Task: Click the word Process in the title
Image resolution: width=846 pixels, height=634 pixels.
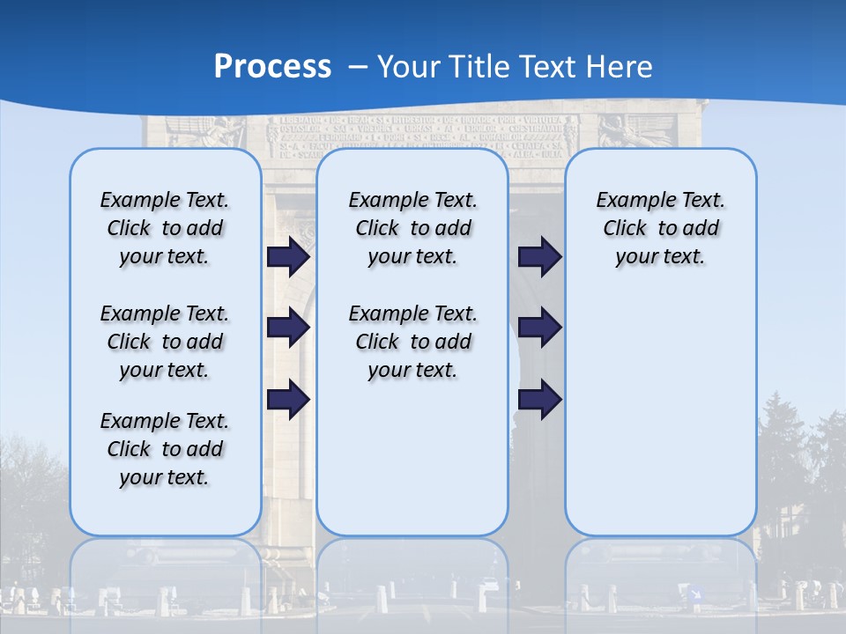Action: coord(272,66)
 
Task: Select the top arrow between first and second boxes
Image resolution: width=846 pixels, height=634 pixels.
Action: coord(287,257)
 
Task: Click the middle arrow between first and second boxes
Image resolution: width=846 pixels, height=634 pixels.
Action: coord(287,328)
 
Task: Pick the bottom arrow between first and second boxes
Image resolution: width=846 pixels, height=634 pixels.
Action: coord(287,399)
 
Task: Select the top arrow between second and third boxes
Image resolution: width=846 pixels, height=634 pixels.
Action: coord(538,257)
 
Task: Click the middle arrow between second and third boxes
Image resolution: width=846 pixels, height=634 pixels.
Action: coord(538,328)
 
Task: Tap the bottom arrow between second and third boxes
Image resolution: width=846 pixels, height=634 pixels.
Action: coord(538,399)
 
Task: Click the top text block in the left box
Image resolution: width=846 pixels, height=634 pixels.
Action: coord(165,228)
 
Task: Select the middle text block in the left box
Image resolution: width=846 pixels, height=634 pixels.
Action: coord(165,342)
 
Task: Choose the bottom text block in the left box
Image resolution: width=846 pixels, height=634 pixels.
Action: coord(165,449)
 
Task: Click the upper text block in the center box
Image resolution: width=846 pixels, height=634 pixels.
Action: coord(412,228)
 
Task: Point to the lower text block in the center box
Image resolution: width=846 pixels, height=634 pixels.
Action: coord(412,342)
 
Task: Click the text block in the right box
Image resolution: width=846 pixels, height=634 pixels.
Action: coord(660,228)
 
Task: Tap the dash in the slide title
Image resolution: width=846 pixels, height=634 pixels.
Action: coord(358,67)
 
